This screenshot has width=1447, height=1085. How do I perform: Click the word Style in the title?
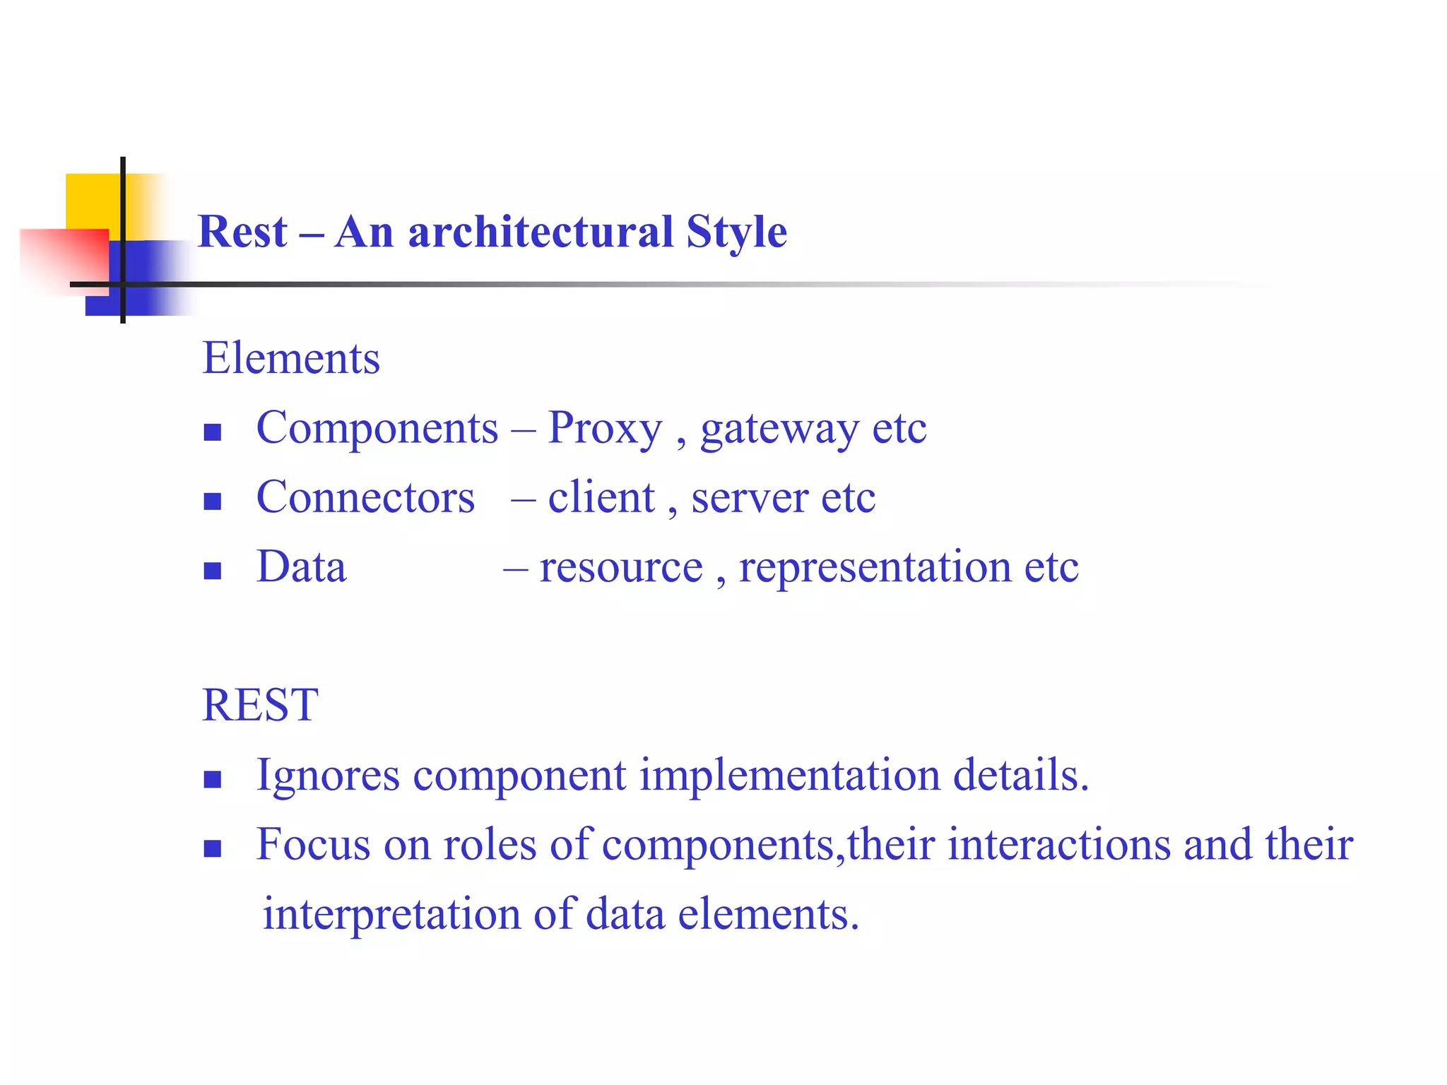pyautogui.click(x=736, y=232)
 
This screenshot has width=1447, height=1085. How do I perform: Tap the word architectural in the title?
pyautogui.click(x=541, y=232)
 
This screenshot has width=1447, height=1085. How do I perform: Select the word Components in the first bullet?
pyautogui.click(x=377, y=428)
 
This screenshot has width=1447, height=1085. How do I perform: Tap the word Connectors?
pyautogui.click(x=365, y=497)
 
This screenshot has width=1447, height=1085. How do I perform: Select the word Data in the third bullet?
pyautogui.click(x=302, y=567)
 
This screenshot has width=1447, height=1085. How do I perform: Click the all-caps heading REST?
pyautogui.click(x=260, y=705)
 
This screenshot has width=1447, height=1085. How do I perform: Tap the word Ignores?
pyautogui.click(x=328, y=776)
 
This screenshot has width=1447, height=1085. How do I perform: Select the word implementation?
pyautogui.click(x=790, y=776)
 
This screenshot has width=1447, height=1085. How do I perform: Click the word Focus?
pyautogui.click(x=313, y=844)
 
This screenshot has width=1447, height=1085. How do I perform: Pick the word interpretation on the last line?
pyautogui.click(x=391, y=914)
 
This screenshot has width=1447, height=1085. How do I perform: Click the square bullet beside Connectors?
pyautogui.click(x=213, y=502)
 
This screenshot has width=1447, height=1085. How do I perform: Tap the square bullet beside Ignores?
pyautogui.click(x=213, y=779)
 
